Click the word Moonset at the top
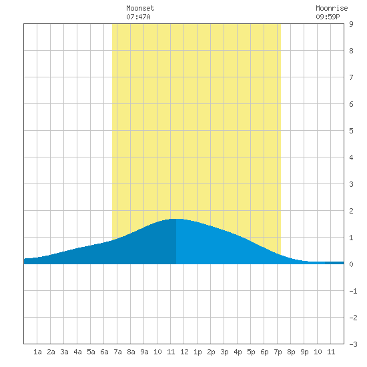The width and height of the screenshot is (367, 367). (140, 8)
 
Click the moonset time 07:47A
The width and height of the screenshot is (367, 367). (138, 17)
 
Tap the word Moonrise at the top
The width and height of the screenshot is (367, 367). (332, 8)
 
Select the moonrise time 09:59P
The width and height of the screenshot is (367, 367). (328, 17)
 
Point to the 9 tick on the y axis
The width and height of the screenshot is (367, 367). (351, 24)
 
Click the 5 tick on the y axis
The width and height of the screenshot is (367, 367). (351, 131)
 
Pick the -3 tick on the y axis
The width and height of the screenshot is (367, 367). (353, 344)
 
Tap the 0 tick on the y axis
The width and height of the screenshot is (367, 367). (351, 264)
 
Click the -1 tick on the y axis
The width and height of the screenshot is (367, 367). (353, 291)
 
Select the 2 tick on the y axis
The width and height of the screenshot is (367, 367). (351, 211)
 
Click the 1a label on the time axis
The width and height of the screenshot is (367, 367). (37, 352)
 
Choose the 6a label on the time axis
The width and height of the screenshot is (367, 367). (104, 352)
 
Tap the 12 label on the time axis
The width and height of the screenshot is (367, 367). (184, 352)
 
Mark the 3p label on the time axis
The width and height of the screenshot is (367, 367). (224, 352)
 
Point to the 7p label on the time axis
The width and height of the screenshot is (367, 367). (278, 352)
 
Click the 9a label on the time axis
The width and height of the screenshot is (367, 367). (144, 352)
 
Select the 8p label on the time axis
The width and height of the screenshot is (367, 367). (291, 352)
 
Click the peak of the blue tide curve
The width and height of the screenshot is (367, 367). (176, 219)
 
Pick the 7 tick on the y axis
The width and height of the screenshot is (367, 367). (351, 77)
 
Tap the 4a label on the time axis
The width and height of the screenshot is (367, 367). (77, 352)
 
